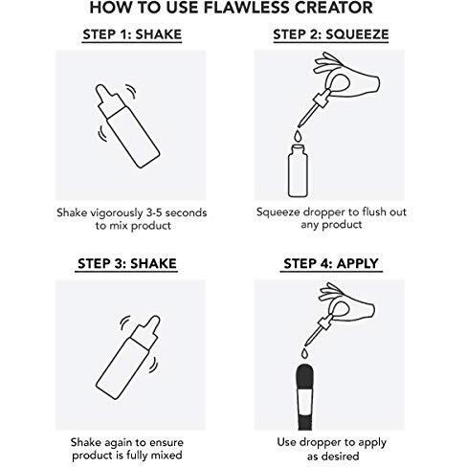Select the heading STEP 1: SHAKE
pos(132,34)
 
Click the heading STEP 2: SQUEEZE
pos(331,34)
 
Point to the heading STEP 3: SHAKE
pos(127,264)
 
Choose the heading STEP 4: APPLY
pos(331,264)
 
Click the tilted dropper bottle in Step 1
pos(127,125)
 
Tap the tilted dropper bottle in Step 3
pos(127,357)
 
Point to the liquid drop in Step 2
pos(298,135)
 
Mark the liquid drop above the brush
pos(305,353)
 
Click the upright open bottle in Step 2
pos(298,171)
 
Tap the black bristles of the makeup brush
pos(305,377)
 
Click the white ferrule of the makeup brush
pos(305,403)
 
